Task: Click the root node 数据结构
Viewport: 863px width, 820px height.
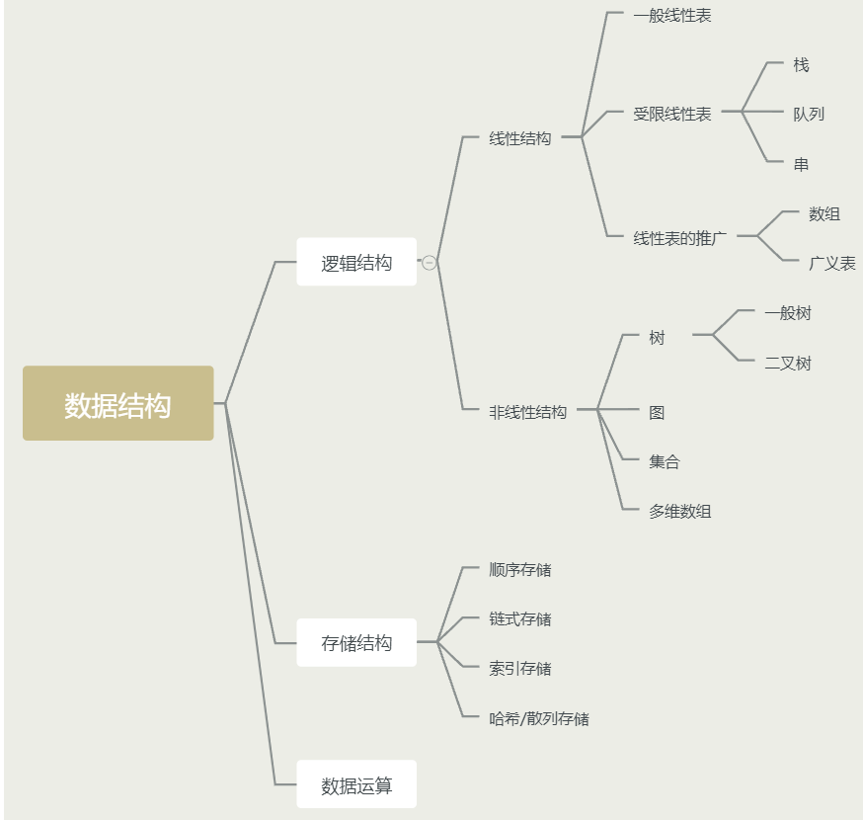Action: coord(118,403)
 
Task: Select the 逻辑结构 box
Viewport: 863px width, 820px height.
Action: coord(356,263)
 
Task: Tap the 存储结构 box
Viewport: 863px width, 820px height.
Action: coord(356,643)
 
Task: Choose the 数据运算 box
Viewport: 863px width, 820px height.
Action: coord(356,785)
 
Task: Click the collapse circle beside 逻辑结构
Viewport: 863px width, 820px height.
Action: coord(430,263)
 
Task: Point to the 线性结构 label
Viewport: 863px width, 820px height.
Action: coord(520,139)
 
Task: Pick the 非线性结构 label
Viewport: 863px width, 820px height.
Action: coord(528,412)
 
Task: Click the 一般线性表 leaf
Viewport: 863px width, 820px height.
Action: coord(672,16)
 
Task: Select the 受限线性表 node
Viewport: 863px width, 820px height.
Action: coord(672,115)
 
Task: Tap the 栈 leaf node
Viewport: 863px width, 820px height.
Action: coord(801,65)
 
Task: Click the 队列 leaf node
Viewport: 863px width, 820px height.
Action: coord(809,115)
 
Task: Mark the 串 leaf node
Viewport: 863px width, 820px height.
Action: coord(801,165)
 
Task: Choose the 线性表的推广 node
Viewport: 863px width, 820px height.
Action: coord(680,238)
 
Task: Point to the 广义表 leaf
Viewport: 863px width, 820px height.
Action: coord(832,264)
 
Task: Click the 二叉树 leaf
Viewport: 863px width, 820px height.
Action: coord(788,364)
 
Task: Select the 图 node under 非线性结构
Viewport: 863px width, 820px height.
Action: coord(657,412)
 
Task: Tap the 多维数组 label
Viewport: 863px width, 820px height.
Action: coord(680,512)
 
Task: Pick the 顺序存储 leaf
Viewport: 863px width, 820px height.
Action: coord(520,570)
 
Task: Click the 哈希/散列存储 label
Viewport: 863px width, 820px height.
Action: coord(539,719)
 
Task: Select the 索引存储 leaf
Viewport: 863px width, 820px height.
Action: coord(520,669)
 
